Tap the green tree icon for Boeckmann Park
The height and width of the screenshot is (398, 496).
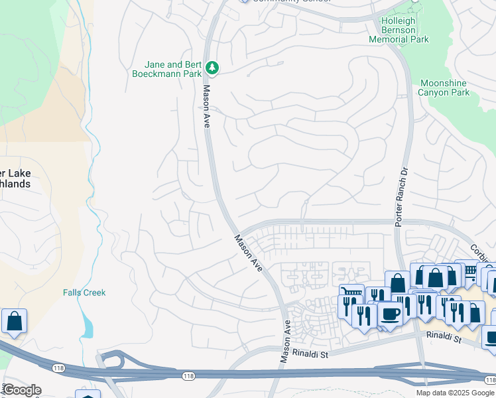click(212, 68)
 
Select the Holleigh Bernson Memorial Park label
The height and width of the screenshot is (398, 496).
click(404, 30)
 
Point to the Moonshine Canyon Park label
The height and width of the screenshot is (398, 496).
click(444, 88)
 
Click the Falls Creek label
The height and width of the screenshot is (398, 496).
click(84, 293)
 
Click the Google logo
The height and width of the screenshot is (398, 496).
click(21, 390)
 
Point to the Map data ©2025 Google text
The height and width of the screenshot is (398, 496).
click(455, 393)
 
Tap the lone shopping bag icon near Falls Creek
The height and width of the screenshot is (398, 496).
click(13, 321)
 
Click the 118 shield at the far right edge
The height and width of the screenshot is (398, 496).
click(489, 379)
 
